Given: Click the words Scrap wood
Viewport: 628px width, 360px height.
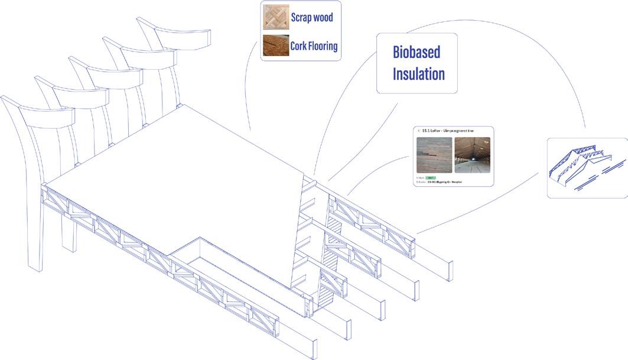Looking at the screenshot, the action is pyautogui.click(x=312, y=17).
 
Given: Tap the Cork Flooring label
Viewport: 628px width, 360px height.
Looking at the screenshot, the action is pyautogui.click(x=314, y=46).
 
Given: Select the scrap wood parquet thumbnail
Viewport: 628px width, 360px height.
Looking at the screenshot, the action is pyautogui.click(x=275, y=18).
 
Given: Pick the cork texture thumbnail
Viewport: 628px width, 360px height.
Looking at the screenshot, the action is pyautogui.click(x=275, y=46).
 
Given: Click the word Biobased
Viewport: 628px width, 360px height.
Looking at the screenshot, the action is pyautogui.click(x=417, y=52).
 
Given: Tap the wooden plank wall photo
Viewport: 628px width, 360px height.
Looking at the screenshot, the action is pyautogui.click(x=434, y=155).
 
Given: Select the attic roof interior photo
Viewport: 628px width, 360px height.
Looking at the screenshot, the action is pyautogui.click(x=472, y=155).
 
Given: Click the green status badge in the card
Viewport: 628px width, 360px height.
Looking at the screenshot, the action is pyautogui.click(x=430, y=177).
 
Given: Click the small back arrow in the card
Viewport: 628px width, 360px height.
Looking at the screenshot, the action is pyautogui.click(x=418, y=130).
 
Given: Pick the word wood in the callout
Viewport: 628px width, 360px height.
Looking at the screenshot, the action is pyautogui.click(x=324, y=17).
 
